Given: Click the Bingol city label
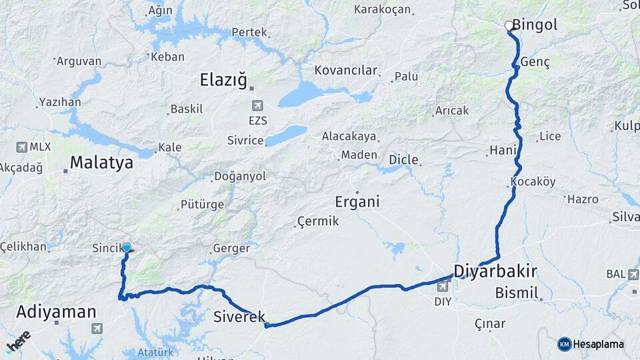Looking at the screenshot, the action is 535,25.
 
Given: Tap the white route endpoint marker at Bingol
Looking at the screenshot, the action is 509,26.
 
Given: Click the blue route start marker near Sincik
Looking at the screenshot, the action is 127,248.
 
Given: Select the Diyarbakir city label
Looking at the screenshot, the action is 495,271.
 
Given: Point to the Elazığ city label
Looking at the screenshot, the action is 223,81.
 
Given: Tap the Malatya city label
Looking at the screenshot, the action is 101,162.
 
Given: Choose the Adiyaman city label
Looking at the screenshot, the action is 56,311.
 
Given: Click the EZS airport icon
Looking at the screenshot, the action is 257,105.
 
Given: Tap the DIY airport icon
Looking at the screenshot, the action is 441,287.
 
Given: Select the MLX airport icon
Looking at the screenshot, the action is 21,147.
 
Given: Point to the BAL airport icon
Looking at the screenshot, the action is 633,274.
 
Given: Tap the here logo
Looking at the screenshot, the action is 18,341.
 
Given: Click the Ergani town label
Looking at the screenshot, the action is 357,201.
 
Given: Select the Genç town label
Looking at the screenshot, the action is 538,62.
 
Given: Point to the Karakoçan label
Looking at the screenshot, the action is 383,9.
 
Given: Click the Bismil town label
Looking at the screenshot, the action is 517,293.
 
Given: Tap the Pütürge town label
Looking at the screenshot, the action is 202,205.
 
